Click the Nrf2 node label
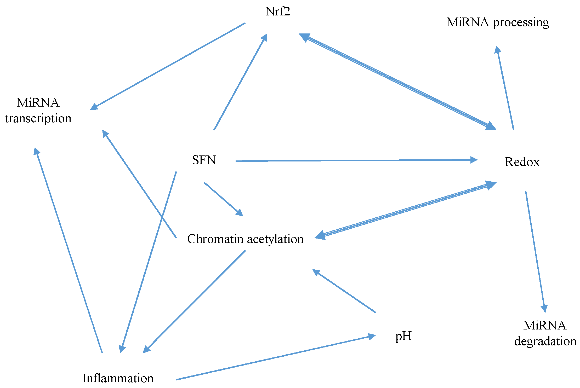tap(277, 12)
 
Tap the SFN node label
tap(204, 160)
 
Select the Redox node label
tap(522, 162)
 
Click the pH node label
tap(403, 336)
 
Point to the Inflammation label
tap(118, 378)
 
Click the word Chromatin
tap(215, 239)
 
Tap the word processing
tap(521, 23)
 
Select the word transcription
tap(38, 119)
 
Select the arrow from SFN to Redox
tap(356, 160)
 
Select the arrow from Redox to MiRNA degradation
tap(535, 251)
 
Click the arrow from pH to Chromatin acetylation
tap(344, 291)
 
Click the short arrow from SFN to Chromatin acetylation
tap(223, 199)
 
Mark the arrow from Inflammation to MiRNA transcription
tap(69, 251)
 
